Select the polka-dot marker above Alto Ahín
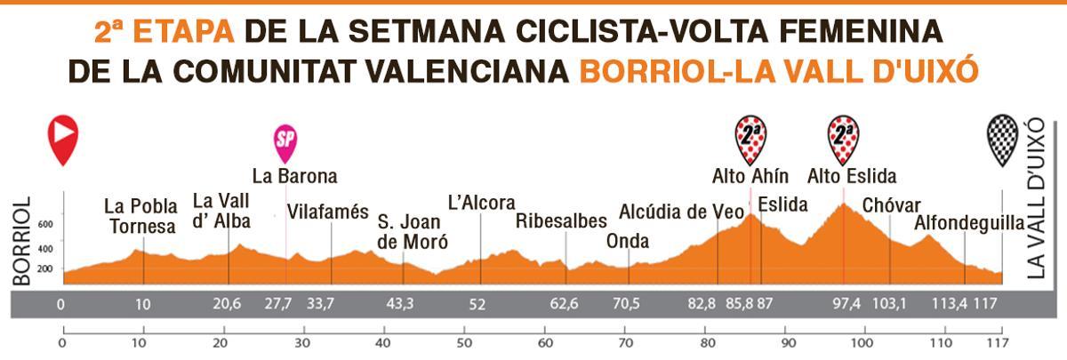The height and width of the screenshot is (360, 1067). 750,138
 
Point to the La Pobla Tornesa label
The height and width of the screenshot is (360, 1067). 140,216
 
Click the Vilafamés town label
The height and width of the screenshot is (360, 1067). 327,212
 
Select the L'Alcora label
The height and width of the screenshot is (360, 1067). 481,203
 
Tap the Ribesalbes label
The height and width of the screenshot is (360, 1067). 561,220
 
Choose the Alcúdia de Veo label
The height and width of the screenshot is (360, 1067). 680,212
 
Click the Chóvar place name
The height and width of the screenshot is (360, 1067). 891,205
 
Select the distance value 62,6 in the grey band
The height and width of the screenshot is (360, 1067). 563,304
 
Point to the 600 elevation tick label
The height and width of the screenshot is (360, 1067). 45,225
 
